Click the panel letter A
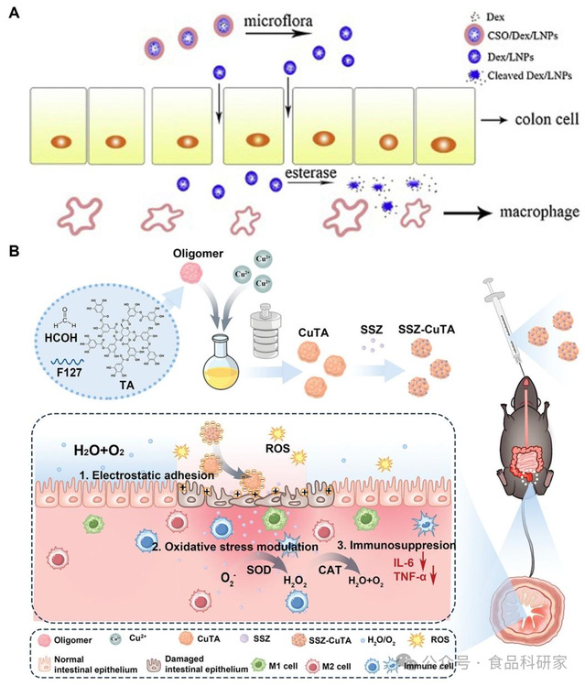click(13, 15)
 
